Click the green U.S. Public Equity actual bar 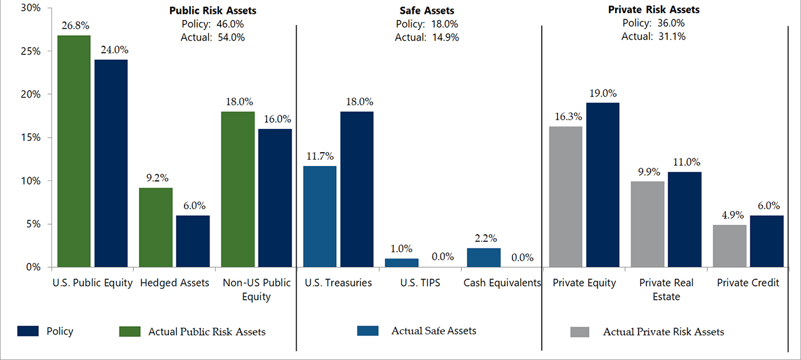coord(74,151)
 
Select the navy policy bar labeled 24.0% coord(111,163)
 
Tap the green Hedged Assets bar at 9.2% coord(155,227)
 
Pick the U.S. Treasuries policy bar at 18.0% coord(357,189)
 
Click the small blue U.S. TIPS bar coord(401,262)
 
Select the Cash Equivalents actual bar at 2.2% coord(484,257)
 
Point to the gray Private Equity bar coord(565,197)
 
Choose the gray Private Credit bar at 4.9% coord(730,245)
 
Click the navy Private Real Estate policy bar coord(685,219)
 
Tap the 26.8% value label coord(74,27)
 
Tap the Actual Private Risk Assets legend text coord(663,332)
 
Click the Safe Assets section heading coord(426,11)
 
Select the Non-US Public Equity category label coord(257,289)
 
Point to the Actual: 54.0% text coord(214,37)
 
